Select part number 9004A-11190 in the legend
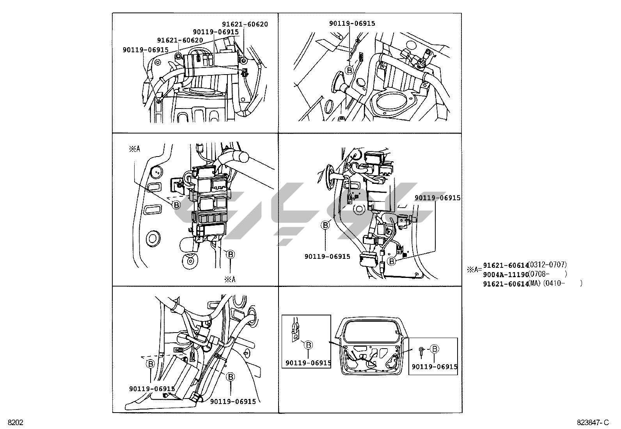(x=505, y=274)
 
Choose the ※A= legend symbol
(x=475, y=270)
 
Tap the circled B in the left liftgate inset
(x=308, y=345)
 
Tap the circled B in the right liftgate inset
(x=435, y=349)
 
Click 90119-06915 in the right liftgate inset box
(x=434, y=367)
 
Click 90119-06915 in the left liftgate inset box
(x=308, y=363)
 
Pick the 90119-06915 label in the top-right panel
(x=352, y=23)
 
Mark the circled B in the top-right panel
(x=349, y=70)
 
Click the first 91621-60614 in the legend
(x=505, y=265)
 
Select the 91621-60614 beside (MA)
(x=505, y=284)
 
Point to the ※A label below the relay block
(x=230, y=279)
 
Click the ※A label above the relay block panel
(x=134, y=149)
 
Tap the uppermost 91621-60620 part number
(x=245, y=24)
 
